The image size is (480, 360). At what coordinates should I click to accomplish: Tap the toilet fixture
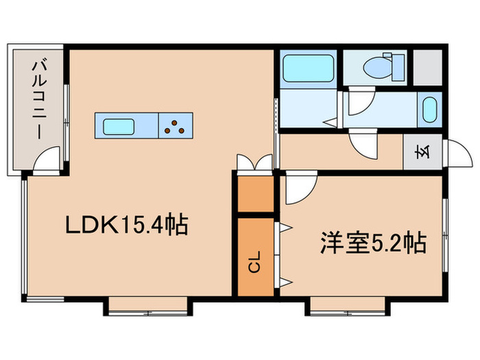[x=376, y=67]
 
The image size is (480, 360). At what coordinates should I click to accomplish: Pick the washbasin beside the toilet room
[x=430, y=110]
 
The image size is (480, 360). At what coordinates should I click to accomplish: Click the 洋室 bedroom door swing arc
[x=298, y=189]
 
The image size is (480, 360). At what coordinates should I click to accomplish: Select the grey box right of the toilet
[x=428, y=67]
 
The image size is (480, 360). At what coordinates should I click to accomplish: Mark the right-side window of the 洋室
[x=445, y=233]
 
